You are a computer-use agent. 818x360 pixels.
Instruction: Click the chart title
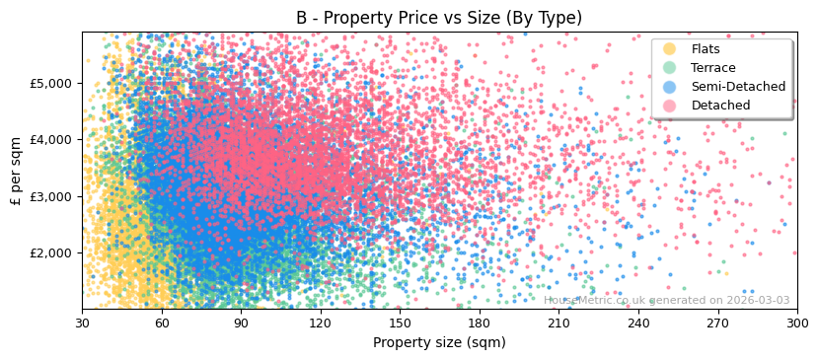coord(439,18)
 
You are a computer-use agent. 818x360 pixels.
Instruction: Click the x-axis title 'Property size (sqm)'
coord(439,342)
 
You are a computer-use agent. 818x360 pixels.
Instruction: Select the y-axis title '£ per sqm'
coord(16,170)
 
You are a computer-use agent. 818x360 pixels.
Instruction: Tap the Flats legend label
coord(706,49)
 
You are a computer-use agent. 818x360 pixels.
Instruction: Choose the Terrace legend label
coord(713,68)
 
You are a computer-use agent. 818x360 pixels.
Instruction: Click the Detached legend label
coord(719,106)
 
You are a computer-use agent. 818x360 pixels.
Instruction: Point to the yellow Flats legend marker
coord(670,49)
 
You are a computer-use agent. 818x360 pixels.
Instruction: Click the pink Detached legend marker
coord(670,106)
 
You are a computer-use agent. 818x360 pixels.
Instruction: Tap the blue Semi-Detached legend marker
coord(670,87)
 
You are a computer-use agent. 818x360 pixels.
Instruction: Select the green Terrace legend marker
coord(670,68)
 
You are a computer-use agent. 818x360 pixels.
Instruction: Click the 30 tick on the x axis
coord(82,323)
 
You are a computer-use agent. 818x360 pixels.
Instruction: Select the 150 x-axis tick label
coord(400,323)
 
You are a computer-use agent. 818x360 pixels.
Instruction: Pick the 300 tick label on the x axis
coord(796,323)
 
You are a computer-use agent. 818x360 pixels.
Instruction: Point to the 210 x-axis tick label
coord(558,323)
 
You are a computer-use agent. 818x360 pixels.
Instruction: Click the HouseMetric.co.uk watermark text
coord(666,300)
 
